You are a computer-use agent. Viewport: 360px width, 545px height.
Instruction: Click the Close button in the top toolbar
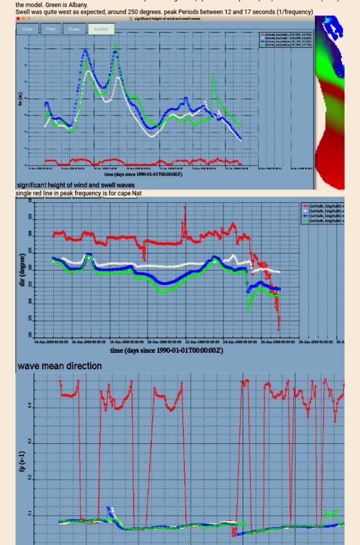click(x=27, y=29)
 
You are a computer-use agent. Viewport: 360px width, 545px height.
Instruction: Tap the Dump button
click(x=74, y=29)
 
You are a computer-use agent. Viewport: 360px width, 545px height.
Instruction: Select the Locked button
click(x=101, y=29)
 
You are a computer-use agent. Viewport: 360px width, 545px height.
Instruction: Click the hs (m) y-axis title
click(x=21, y=99)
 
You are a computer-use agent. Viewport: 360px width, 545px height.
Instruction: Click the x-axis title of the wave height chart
click(x=143, y=174)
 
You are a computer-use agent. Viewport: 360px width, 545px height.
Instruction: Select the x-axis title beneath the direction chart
click(x=167, y=350)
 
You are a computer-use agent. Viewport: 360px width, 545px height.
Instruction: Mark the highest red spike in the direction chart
click(x=185, y=207)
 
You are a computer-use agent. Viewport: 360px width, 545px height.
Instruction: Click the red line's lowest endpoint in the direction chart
click(x=279, y=329)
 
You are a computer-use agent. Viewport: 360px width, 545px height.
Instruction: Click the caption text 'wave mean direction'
click(x=60, y=366)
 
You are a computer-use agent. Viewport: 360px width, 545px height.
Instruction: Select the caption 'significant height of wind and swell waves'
click(x=76, y=185)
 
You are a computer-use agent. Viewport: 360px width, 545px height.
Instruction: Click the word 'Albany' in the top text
click(x=78, y=5)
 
